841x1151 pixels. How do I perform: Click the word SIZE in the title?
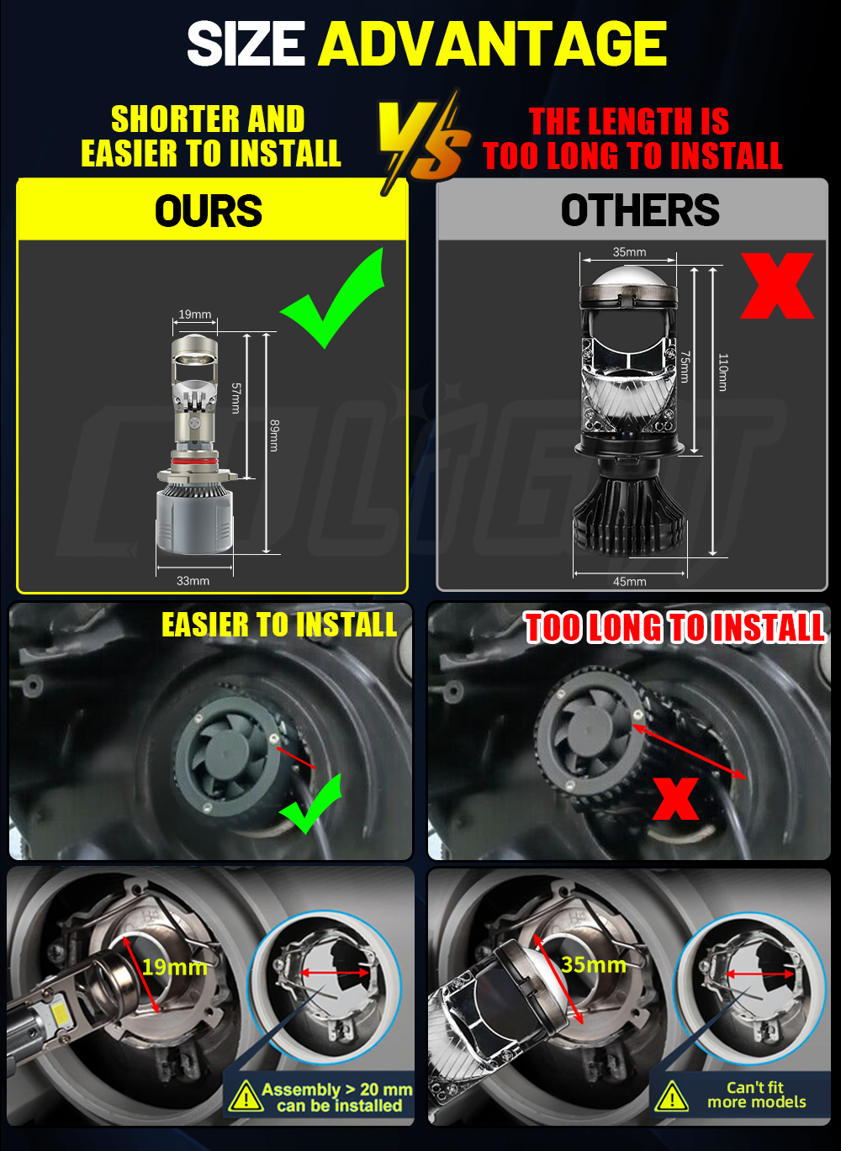coord(246,44)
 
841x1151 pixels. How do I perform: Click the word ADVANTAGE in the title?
coord(493,44)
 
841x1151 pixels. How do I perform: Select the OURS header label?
coord(209,211)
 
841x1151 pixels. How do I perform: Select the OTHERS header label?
coord(640,210)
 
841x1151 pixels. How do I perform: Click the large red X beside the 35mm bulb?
coord(777,286)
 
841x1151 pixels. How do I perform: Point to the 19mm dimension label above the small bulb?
coord(195,314)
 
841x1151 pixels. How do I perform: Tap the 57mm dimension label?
coord(235,398)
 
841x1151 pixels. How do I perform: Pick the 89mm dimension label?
coord(274,436)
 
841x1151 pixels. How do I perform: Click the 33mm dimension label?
coord(193,581)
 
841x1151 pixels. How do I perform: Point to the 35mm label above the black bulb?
coord(629,251)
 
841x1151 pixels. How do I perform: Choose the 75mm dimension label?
coord(685,367)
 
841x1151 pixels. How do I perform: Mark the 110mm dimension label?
coord(722,372)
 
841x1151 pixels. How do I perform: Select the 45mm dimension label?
coord(629,581)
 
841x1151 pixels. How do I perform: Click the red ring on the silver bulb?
coord(194,463)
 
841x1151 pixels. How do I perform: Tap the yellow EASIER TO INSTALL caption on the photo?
coord(279,625)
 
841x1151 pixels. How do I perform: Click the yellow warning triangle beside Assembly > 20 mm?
coord(246,1095)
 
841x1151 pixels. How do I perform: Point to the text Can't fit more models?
coord(756,1095)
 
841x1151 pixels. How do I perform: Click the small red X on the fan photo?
coord(675,799)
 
